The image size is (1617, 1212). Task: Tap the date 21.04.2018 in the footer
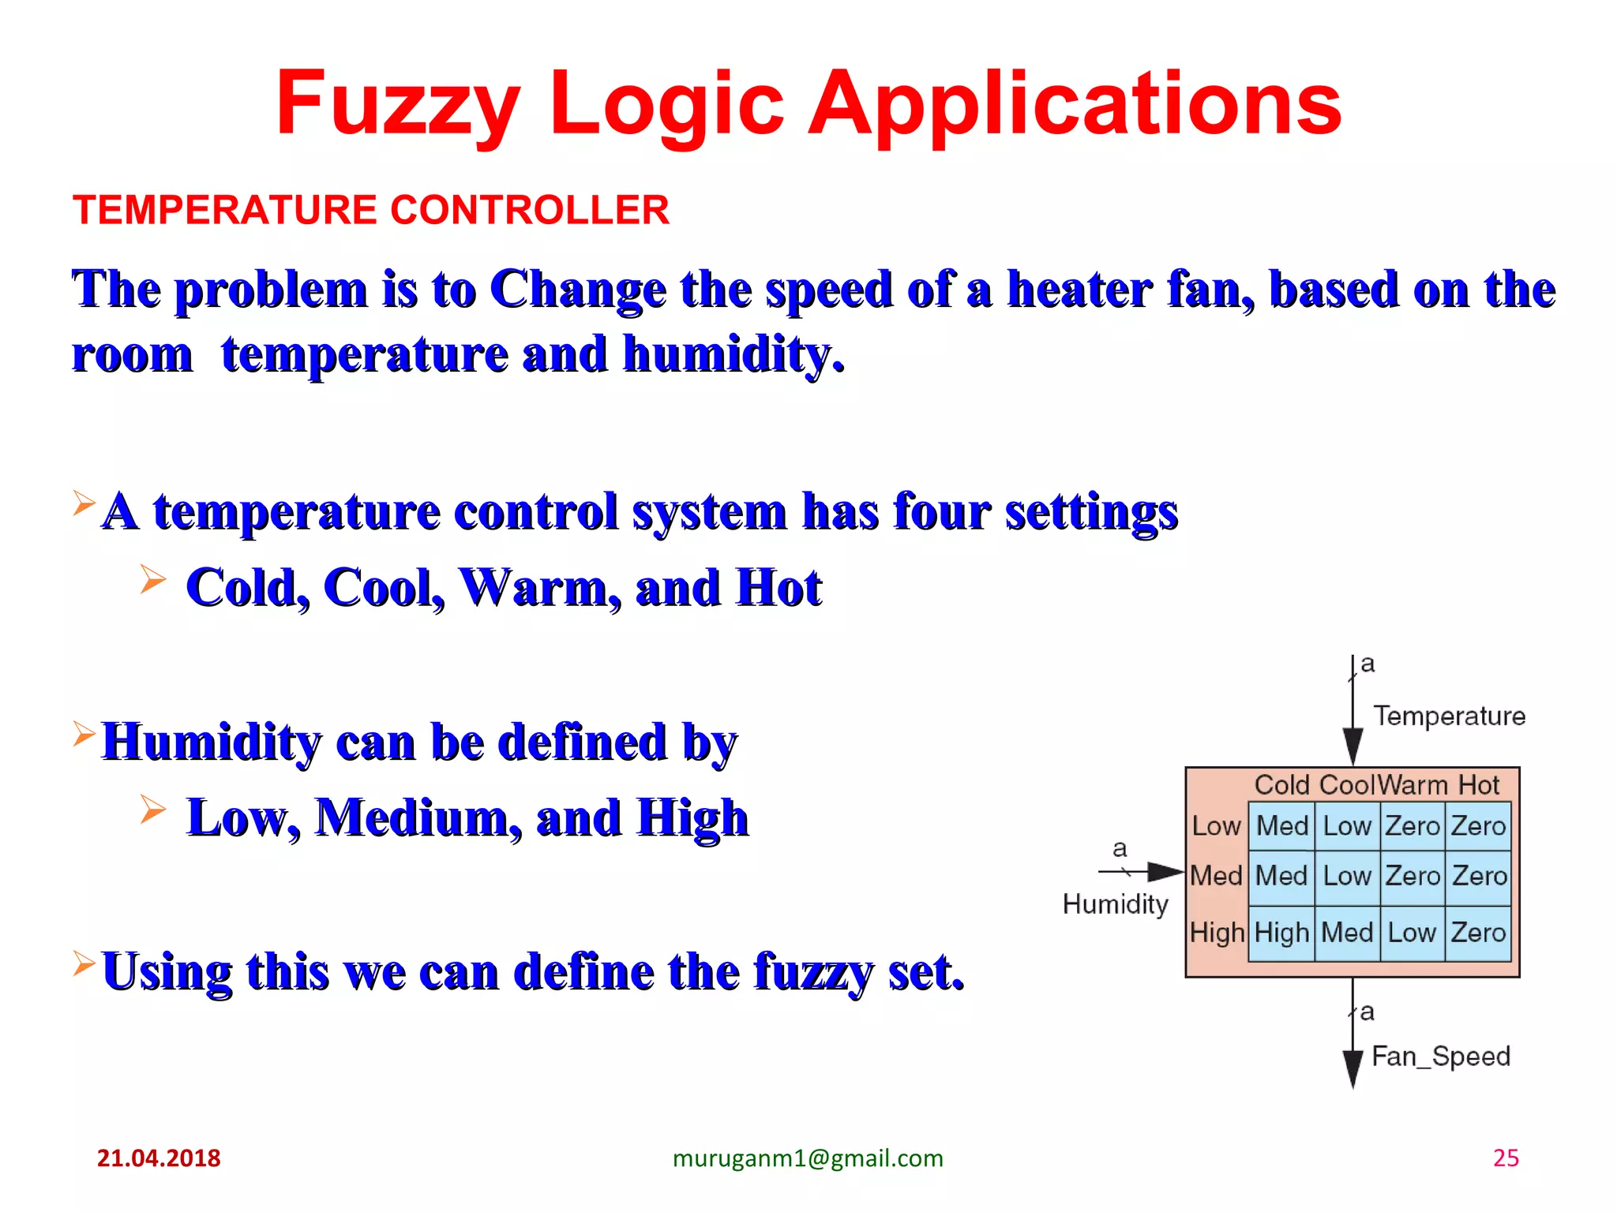[x=159, y=1158]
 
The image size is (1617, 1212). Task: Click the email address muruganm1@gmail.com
[x=808, y=1158]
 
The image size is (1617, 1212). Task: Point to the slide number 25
[x=1506, y=1158]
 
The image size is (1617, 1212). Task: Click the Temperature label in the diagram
[x=1449, y=716]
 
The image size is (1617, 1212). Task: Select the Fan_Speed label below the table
[x=1440, y=1056]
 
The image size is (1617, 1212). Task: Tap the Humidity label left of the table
[x=1115, y=903]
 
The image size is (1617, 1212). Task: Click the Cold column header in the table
[x=1282, y=784]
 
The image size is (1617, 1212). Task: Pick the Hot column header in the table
[x=1478, y=784]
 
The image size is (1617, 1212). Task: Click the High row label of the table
[x=1217, y=933]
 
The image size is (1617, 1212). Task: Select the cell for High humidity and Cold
[x=1281, y=933]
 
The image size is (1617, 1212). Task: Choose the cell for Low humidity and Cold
[x=1281, y=826]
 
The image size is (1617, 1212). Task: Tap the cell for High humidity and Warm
[x=1412, y=933]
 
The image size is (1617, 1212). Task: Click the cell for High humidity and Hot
[x=1478, y=933]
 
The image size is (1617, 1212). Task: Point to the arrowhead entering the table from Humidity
[x=1165, y=872]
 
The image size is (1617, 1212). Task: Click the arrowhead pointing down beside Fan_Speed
[x=1353, y=1069]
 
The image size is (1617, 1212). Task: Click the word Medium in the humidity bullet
[x=418, y=817]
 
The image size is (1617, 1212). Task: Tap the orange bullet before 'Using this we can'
[x=84, y=963]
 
